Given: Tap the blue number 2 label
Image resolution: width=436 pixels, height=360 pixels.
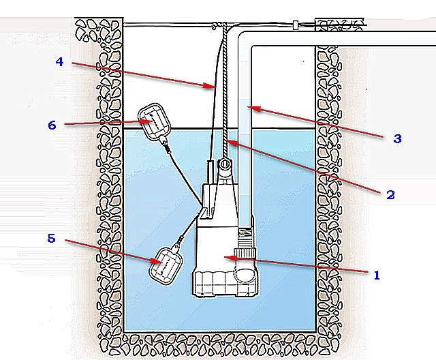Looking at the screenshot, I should (390, 194).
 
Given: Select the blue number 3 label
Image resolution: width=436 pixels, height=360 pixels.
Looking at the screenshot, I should (397, 138).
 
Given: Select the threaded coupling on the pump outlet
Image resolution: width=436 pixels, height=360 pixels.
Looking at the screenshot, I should (245, 241).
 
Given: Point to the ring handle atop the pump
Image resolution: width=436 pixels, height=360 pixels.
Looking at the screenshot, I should (223, 165).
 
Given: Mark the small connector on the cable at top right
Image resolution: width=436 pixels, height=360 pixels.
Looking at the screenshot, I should (295, 25).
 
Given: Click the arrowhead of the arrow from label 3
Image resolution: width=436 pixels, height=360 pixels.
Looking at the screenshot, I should (248, 106).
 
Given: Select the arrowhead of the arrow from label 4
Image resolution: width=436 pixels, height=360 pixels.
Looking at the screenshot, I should (214, 87).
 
